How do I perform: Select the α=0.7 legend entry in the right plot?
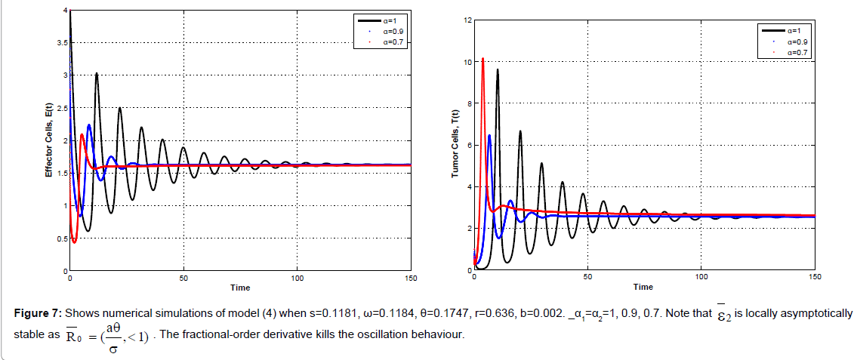coord(797,53)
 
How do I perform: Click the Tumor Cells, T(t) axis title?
coord(455,144)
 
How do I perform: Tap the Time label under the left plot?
coord(240,288)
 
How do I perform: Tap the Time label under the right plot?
coord(643,288)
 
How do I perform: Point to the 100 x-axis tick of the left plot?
coord(297,278)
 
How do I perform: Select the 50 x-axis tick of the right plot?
coord(587,278)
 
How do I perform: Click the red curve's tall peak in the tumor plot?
coord(482,59)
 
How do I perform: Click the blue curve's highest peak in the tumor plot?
coord(489,135)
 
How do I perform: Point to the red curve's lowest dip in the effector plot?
coord(74,242)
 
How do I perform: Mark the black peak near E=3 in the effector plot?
coord(97,73)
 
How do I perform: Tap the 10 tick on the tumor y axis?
coord(467,62)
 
